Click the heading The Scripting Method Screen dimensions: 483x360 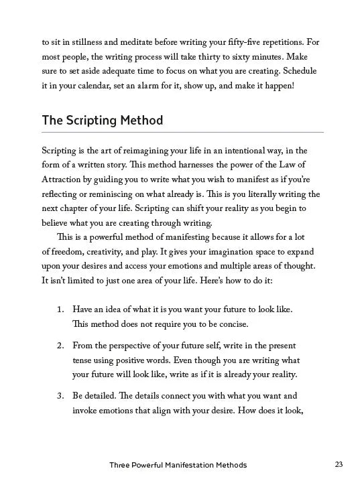(x=102, y=121)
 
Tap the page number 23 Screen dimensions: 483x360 (x=338, y=464)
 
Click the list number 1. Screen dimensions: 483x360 (x=60, y=310)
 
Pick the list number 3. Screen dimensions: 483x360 (x=60, y=395)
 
